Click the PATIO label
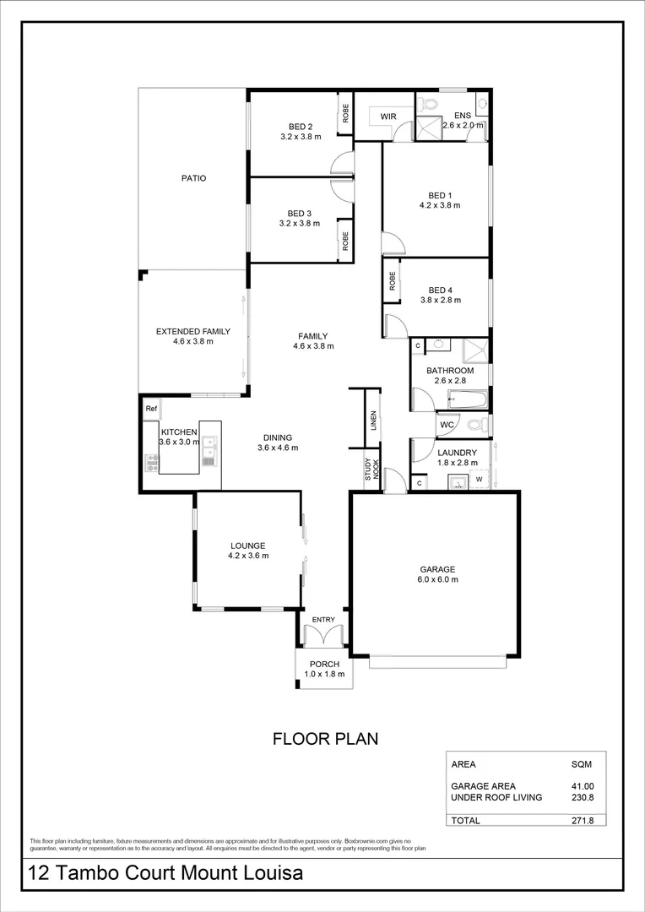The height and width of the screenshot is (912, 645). tap(192, 178)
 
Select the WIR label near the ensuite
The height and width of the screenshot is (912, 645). tap(388, 116)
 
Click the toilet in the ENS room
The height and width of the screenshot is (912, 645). tap(429, 105)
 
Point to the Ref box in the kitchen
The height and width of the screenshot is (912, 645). tap(151, 410)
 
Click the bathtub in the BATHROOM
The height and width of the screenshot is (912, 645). tap(467, 399)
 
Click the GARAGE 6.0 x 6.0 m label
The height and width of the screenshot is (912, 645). tap(438, 574)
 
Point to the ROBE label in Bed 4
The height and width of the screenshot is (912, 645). tap(393, 281)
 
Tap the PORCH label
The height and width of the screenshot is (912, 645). tap(324, 669)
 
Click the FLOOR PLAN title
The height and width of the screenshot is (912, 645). tap(324, 739)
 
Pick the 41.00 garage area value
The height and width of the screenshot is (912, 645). tap(582, 785)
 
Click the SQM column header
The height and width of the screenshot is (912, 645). tap(582, 764)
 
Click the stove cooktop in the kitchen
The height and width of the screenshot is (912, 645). tap(153, 461)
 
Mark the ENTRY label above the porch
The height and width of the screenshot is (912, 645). tap(323, 620)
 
